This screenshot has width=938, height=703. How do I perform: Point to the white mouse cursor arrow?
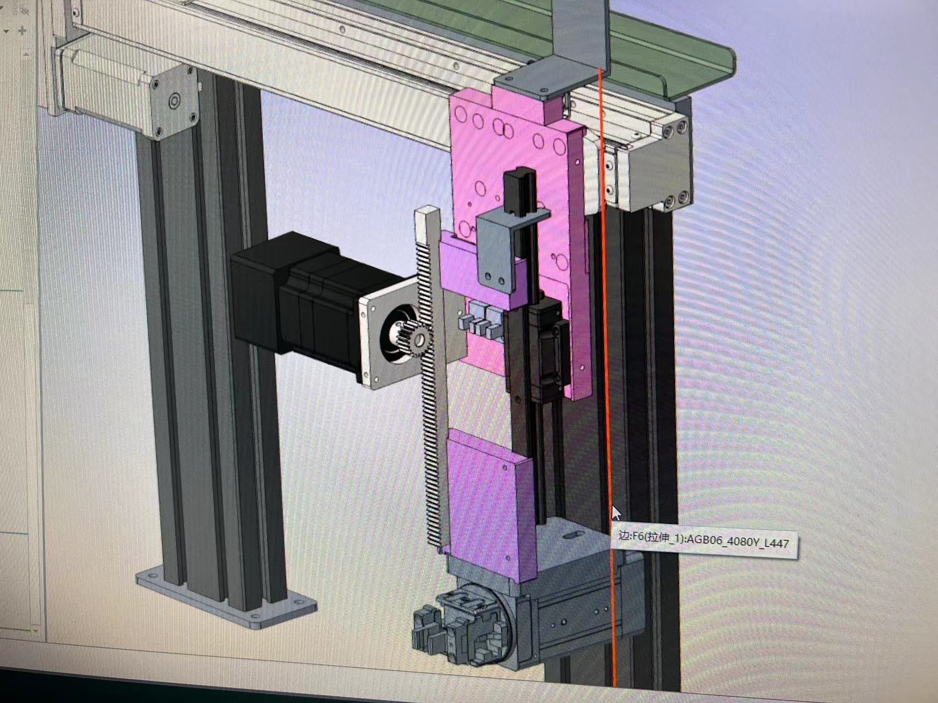617,514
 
